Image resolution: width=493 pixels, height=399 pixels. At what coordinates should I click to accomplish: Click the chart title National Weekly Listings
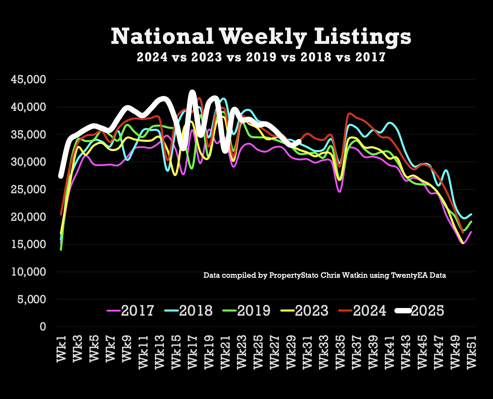click(x=261, y=37)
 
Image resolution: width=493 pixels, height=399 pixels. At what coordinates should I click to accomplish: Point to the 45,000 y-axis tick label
click(x=28, y=79)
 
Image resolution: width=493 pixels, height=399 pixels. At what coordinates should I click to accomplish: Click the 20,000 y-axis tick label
click(x=28, y=217)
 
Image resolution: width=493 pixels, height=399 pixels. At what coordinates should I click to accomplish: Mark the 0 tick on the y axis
click(x=43, y=327)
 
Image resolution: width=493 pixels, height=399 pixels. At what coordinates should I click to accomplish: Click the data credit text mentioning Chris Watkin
click(x=325, y=275)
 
